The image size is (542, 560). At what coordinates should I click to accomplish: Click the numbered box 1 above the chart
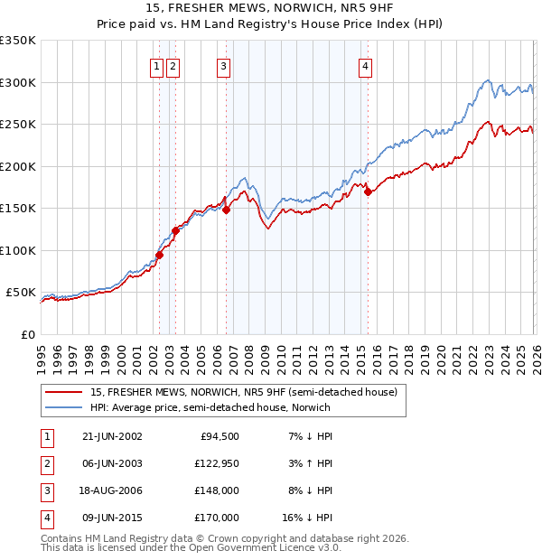pyautogui.click(x=156, y=65)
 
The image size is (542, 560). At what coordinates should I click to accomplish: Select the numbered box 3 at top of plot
pyautogui.click(x=222, y=65)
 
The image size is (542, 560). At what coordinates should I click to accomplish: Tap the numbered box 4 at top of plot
pyautogui.click(x=365, y=65)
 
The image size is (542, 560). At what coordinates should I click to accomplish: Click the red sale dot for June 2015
pyautogui.click(x=368, y=191)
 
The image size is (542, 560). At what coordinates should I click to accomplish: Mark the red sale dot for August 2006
pyautogui.click(x=227, y=210)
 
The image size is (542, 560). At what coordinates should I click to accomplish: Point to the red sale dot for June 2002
pyautogui.click(x=159, y=255)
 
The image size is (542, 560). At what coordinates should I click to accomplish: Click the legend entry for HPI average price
pyautogui.click(x=210, y=407)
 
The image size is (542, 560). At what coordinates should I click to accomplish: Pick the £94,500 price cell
pyautogui.click(x=217, y=435)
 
